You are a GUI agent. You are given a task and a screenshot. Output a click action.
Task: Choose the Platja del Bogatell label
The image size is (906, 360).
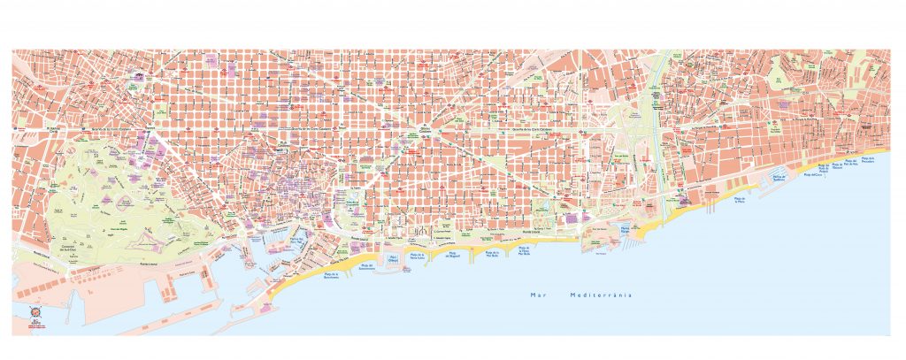point(452,256)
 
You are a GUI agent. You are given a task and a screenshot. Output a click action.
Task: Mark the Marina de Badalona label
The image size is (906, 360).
point(779,180)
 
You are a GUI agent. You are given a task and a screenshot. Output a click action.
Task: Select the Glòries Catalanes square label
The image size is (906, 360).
point(429,133)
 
